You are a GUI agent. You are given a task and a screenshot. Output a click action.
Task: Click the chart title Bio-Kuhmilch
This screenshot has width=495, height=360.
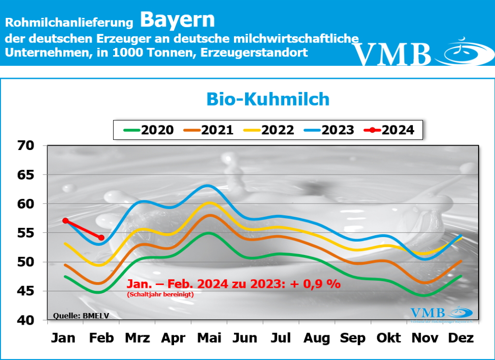click(268, 99)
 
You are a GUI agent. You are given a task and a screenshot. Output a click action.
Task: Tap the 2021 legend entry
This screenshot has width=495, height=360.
click(209, 130)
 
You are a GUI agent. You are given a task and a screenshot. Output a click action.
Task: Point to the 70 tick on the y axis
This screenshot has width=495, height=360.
click(27, 146)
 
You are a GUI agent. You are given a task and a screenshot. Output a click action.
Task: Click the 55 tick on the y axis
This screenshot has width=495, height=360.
click(27, 233)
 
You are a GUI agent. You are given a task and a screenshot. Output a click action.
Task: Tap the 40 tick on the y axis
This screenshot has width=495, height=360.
click(27, 320)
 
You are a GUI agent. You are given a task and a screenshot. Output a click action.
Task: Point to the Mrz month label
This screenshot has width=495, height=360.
click(137, 338)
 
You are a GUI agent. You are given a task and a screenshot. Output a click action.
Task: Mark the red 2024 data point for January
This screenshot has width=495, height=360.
click(65, 221)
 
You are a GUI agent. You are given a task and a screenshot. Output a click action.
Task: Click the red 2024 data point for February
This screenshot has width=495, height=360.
click(101, 238)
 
